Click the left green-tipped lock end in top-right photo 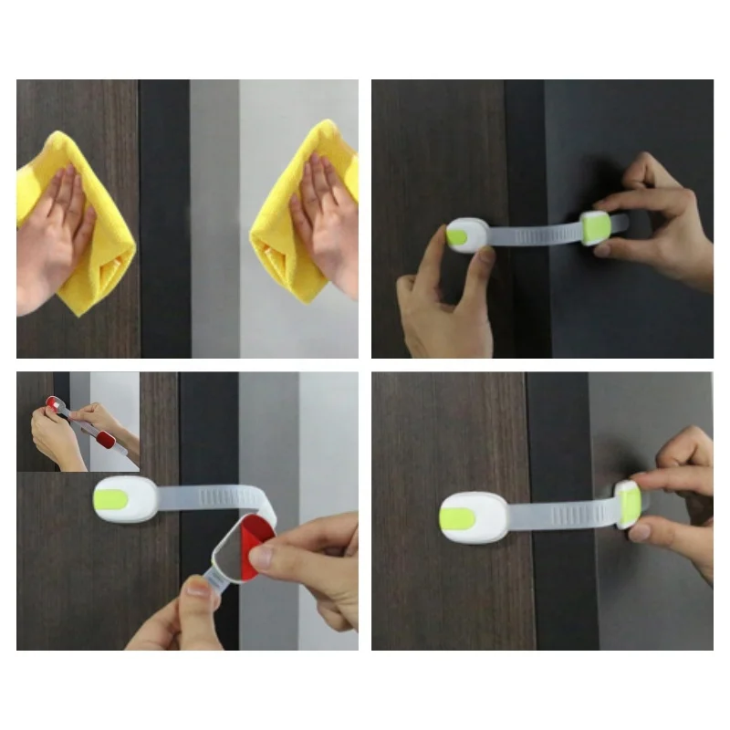(x=463, y=235)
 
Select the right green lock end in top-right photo (x=595, y=225)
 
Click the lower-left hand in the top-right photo (x=447, y=310)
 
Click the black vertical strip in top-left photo (x=164, y=219)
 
